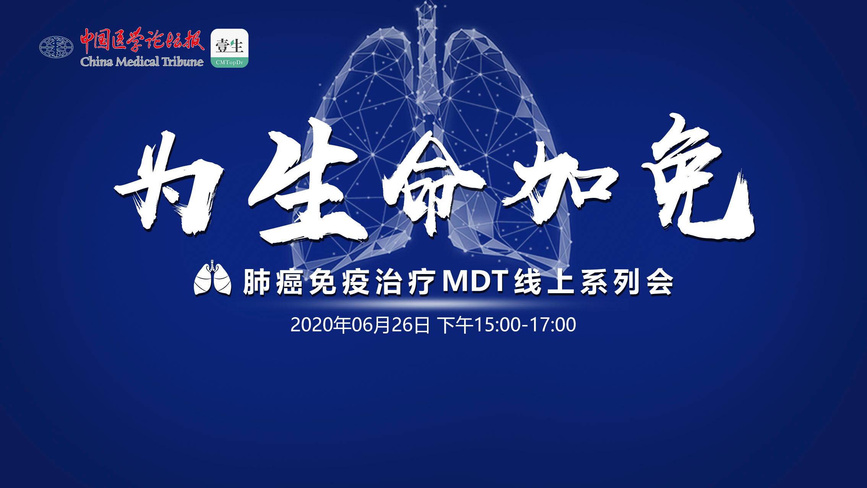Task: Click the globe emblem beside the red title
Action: point(56,47)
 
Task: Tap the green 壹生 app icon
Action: point(229,49)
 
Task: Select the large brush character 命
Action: point(440,184)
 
